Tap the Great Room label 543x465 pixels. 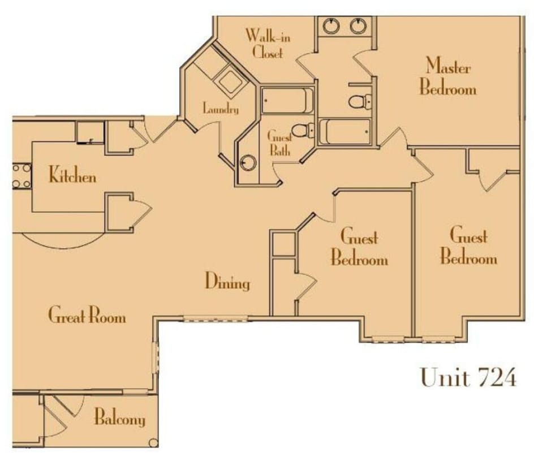coord(87,315)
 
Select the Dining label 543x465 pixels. coord(227,281)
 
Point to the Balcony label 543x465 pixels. coord(119,419)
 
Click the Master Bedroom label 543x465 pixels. coord(448,77)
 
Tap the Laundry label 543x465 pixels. coord(221,109)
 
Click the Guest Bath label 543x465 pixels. coord(279,143)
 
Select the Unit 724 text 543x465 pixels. coord(468,377)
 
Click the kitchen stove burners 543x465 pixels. coord(21,176)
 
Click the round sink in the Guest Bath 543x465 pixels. coord(248,163)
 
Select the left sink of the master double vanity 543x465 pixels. coord(331,25)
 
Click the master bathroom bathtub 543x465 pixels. coord(344,131)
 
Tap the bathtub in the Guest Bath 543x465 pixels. coord(287,101)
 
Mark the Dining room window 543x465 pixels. coord(216,320)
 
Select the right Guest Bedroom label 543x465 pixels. coord(468,246)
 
